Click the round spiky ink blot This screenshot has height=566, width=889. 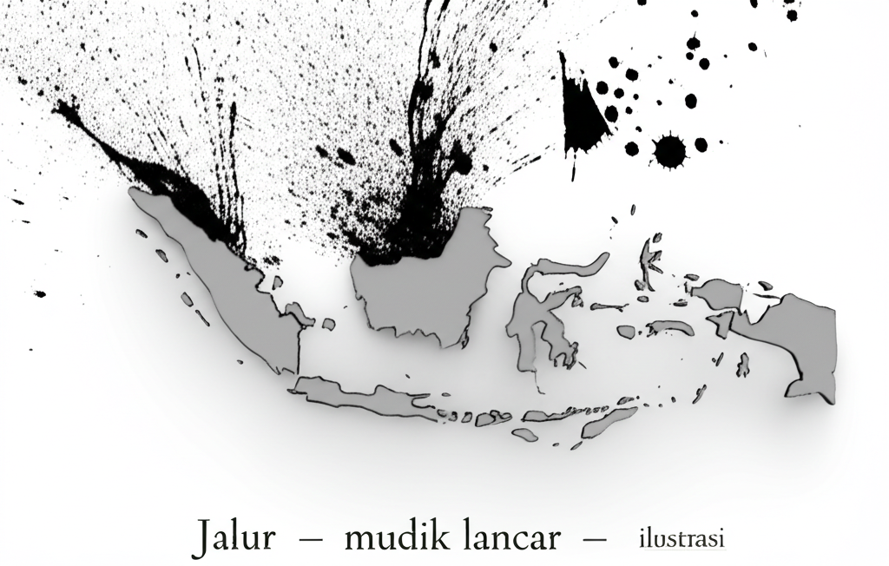668,149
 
